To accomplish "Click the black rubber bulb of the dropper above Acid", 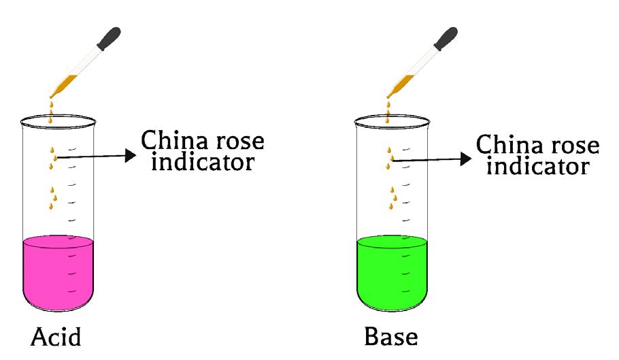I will tap(109, 37).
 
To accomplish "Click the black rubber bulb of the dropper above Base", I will tap(444, 37).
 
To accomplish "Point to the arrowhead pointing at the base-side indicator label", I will tap(465, 159).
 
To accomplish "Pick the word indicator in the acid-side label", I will tap(202, 163).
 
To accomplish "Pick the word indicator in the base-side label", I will tap(537, 165).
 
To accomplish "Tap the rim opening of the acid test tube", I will tap(57, 121).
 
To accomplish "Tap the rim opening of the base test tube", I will tap(392, 121).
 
